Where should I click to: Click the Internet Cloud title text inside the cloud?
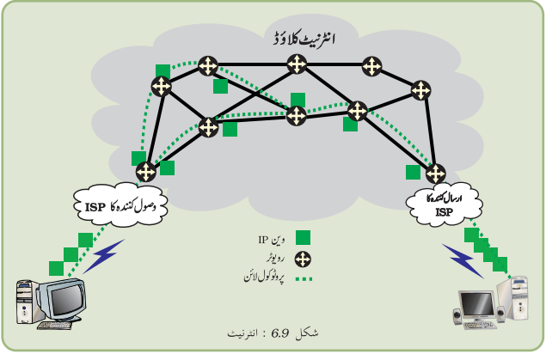tap(304, 39)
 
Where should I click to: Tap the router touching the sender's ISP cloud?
tap(436, 174)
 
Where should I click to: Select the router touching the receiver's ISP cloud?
tap(146, 172)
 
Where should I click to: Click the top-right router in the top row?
tap(372, 66)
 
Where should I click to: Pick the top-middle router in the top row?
tap(297, 64)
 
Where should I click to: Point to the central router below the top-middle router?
tap(297, 116)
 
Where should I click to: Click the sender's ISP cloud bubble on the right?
tap(445, 204)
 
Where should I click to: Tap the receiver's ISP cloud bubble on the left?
tap(121, 205)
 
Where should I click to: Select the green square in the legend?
tap(303, 238)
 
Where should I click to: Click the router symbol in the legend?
tap(303, 259)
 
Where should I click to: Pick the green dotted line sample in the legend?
tap(304, 278)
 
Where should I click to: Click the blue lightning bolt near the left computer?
tap(103, 256)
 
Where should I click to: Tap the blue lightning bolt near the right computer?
tap(463, 260)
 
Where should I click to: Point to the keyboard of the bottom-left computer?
tap(55, 326)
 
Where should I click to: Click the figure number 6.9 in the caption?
tap(280, 334)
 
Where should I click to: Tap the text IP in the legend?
tap(262, 240)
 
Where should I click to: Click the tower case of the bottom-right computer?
tap(514, 299)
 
